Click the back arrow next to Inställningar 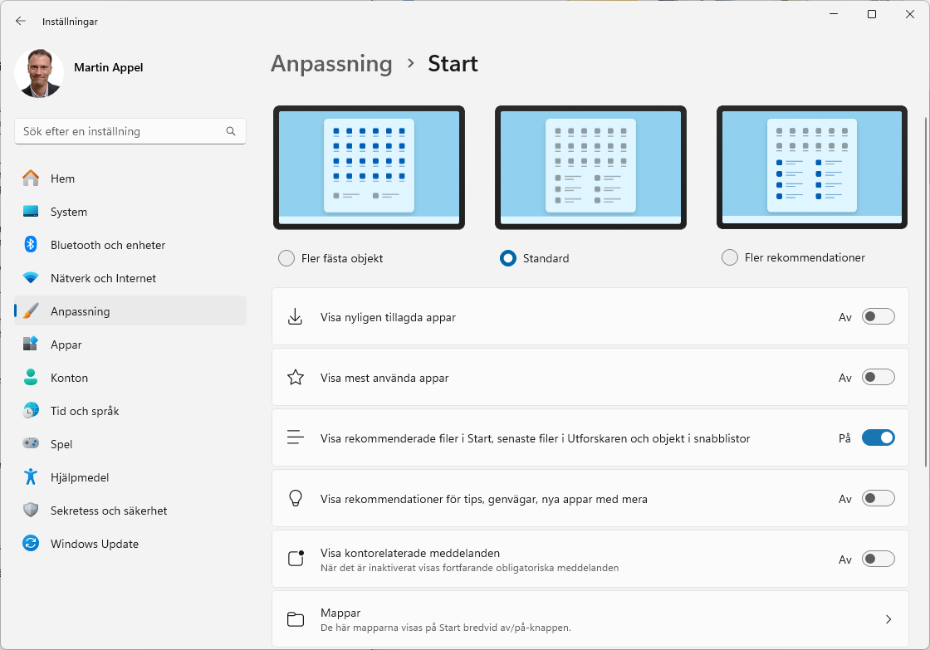click(x=21, y=21)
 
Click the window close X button click(x=909, y=14)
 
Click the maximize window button click(x=872, y=14)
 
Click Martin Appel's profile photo click(x=39, y=73)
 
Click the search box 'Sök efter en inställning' click(x=120, y=131)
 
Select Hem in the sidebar click(x=62, y=178)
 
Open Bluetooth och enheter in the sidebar click(x=107, y=245)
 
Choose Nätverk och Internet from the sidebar click(x=103, y=278)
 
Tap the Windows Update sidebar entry click(x=94, y=544)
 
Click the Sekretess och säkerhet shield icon click(x=31, y=511)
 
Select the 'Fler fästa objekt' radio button click(x=286, y=258)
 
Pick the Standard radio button click(x=508, y=258)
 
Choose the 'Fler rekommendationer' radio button click(x=730, y=257)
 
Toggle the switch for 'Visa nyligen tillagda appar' click(x=878, y=316)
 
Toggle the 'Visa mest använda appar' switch click(x=878, y=378)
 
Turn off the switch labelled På click(x=878, y=437)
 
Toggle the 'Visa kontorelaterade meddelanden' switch click(x=878, y=559)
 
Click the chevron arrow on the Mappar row click(x=888, y=619)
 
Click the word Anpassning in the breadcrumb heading click(x=331, y=64)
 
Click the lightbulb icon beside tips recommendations click(x=295, y=498)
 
